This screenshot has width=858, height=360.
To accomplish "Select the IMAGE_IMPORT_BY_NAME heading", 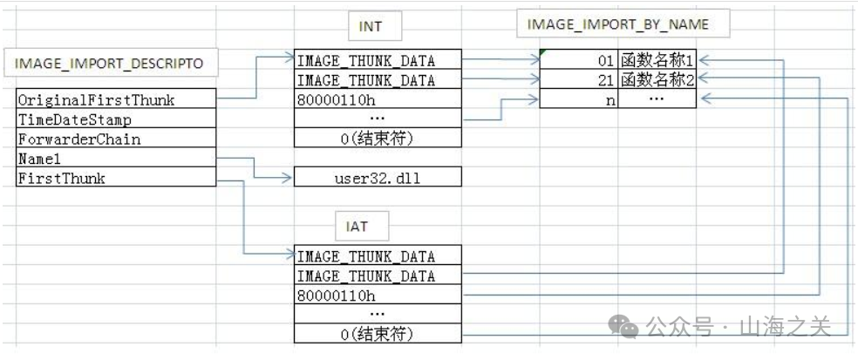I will point(618,24).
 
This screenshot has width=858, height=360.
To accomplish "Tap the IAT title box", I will point(357,227).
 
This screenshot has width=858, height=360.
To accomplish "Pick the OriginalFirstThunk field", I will point(115,99).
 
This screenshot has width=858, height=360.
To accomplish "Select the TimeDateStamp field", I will point(115,119).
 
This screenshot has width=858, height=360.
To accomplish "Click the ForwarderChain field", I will point(115,139).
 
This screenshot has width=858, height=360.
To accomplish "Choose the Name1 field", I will point(115,159).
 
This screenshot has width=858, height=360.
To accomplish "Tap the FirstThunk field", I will point(115,178).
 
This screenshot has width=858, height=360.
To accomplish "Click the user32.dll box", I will point(377,178).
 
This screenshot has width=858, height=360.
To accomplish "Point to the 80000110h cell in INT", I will point(377,99).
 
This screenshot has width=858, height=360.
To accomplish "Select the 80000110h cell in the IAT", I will point(377,295).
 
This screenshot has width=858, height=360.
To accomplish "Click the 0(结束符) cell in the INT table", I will point(377,139).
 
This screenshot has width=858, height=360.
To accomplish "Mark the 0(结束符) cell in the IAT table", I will point(377,334).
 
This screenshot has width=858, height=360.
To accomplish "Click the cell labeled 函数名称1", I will point(658,61).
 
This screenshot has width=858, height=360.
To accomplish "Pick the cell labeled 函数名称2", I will point(658,80).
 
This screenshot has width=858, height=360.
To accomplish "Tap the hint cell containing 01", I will point(580,61).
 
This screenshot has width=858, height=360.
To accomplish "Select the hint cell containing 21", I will point(580,80).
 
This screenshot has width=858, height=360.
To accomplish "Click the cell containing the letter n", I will point(580,100).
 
